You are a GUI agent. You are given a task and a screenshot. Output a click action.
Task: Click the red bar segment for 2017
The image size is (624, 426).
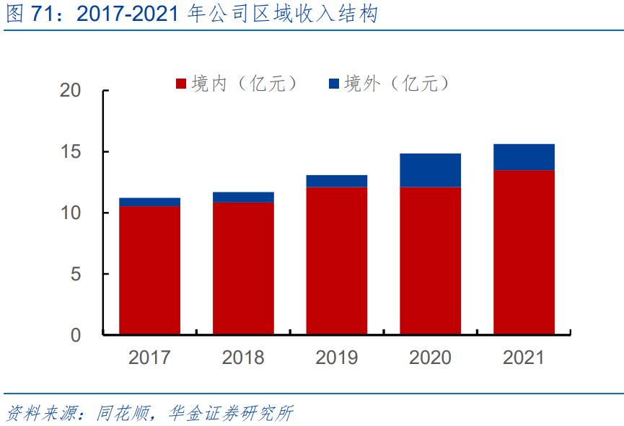[x=149, y=270]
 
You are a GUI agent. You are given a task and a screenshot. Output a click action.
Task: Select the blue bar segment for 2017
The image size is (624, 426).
[x=149, y=202]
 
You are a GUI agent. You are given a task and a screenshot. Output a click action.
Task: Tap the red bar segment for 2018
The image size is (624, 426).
[x=243, y=268]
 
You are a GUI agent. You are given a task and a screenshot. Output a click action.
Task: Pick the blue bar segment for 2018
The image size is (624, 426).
[x=243, y=198]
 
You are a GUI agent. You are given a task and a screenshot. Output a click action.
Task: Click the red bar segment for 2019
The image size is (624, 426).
[x=337, y=261]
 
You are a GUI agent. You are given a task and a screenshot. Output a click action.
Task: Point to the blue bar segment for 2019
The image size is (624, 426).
[x=337, y=181]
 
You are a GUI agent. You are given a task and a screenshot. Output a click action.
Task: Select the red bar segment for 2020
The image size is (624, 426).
[x=431, y=261]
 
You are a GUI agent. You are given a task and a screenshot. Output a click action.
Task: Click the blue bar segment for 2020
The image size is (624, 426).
[x=431, y=170]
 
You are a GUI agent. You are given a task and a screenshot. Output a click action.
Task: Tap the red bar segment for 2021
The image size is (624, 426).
[x=524, y=252]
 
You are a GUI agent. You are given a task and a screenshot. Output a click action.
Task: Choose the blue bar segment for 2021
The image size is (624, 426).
[x=524, y=157]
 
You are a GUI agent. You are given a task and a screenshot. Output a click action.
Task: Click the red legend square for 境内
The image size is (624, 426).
[x=182, y=84]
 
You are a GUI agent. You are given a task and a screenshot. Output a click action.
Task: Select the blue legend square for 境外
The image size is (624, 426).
[x=334, y=84]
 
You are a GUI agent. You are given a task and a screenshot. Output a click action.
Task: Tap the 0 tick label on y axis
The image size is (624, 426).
[x=76, y=335]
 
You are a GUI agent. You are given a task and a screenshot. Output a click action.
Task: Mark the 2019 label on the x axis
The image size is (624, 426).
[x=337, y=358]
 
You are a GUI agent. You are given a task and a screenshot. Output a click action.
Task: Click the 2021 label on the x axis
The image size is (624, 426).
[x=524, y=358]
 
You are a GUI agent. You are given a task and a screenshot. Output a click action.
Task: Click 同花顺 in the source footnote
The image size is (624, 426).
[x=118, y=413]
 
